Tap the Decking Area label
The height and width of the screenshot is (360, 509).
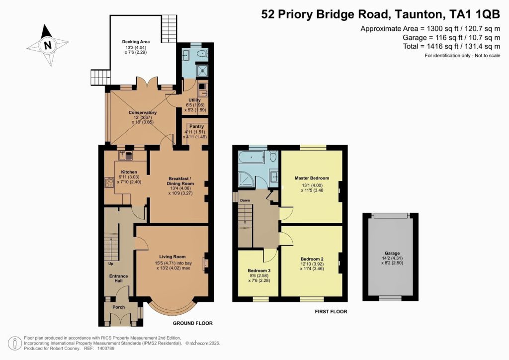coord(136,42)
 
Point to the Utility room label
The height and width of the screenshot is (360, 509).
coord(194,100)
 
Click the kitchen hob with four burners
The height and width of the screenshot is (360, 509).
coord(109,182)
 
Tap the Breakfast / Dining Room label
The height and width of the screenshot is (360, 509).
coord(180,181)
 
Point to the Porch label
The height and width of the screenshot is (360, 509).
coord(119,307)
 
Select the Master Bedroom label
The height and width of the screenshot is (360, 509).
coord(312,178)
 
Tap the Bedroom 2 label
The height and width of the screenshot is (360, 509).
coord(312,259)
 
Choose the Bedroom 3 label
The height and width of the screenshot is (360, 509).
coord(258,271)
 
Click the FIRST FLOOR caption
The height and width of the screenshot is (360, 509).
coord(330,312)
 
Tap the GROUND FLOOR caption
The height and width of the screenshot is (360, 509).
coord(195,323)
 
